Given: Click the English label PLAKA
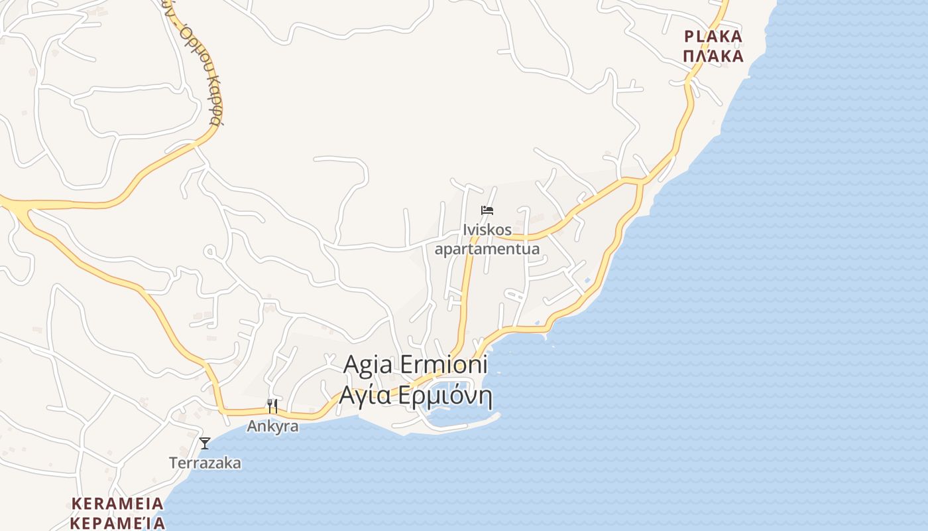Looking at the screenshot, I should (713, 36).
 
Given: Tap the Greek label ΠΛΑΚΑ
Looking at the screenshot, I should (713, 56).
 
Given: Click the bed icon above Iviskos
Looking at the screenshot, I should (487, 210).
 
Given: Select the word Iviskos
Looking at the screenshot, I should (487, 230).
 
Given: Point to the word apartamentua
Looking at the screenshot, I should (487, 250).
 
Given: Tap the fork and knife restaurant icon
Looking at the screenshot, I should (272, 406).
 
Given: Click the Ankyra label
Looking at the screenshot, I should (272, 426).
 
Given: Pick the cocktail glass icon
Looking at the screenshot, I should (205, 443).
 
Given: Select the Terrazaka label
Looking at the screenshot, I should (205, 463).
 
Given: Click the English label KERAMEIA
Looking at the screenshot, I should (117, 503).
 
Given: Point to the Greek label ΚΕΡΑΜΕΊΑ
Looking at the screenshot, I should (117, 522).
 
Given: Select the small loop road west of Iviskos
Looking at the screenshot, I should (209, 252).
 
